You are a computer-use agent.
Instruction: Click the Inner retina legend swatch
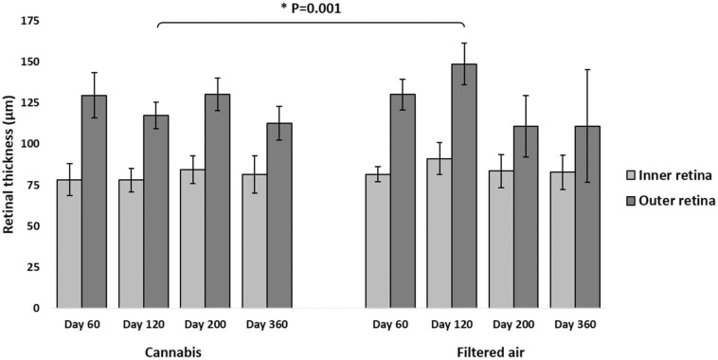[x=630, y=175]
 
